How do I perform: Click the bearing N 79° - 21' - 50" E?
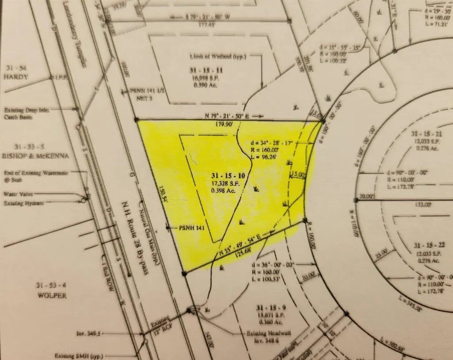[x=227, y=116]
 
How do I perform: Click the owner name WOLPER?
[x=51, y=295]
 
